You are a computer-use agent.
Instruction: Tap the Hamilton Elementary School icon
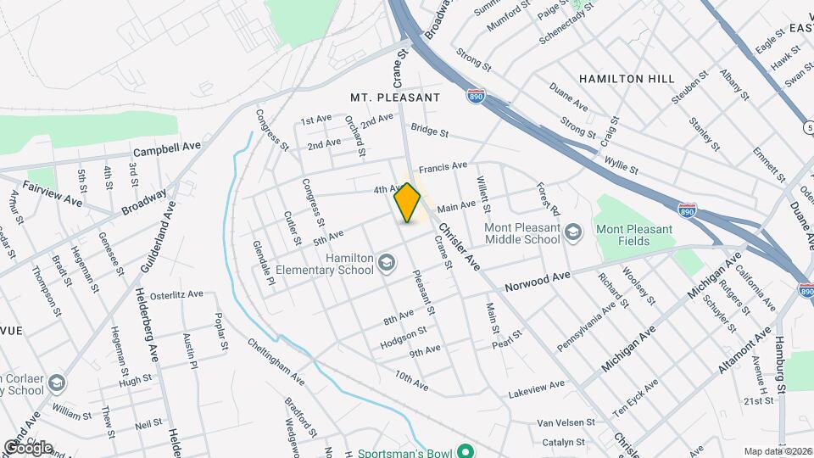coord(387,263)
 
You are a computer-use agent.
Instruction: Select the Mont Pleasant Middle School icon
coord(573,232)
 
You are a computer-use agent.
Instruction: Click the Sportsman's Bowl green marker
coord(464,452)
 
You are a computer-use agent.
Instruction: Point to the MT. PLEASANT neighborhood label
coord(395,98)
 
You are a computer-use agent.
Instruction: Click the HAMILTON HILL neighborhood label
coord(627,79)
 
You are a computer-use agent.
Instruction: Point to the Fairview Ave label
coord(53,195)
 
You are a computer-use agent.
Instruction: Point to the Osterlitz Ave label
coord(176,295)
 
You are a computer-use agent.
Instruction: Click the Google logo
coord(28,447)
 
